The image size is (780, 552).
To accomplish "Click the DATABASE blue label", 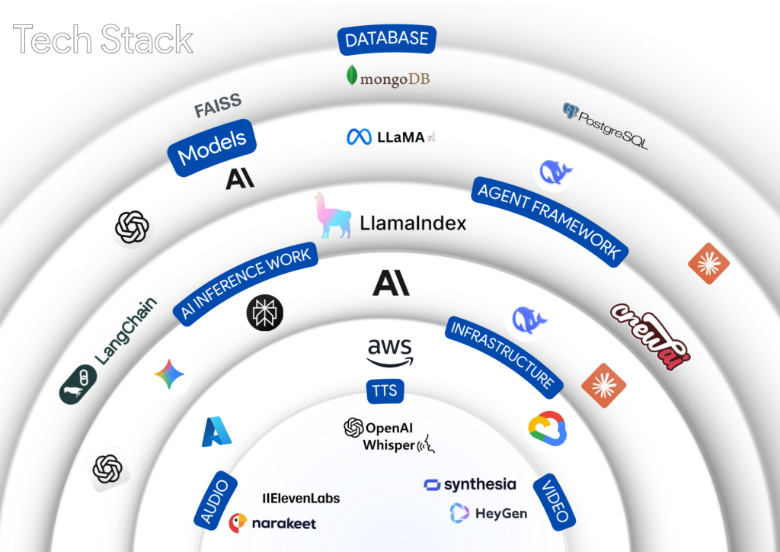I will (387, 40).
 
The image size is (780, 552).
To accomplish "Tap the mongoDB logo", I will (388, 77).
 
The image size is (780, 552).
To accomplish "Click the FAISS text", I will (218, 107).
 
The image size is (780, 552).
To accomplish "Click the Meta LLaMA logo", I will (391, 137).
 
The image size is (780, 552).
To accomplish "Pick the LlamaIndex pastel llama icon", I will (333, 215).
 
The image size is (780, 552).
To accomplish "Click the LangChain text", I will (126, 329).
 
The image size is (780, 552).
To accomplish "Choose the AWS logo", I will (390, 351).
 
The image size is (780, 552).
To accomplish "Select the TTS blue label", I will (385, 391).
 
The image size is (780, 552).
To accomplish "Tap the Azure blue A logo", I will (216, 432).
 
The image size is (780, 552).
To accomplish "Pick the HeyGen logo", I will (488, 513).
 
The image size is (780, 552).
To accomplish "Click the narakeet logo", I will (272, 523).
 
